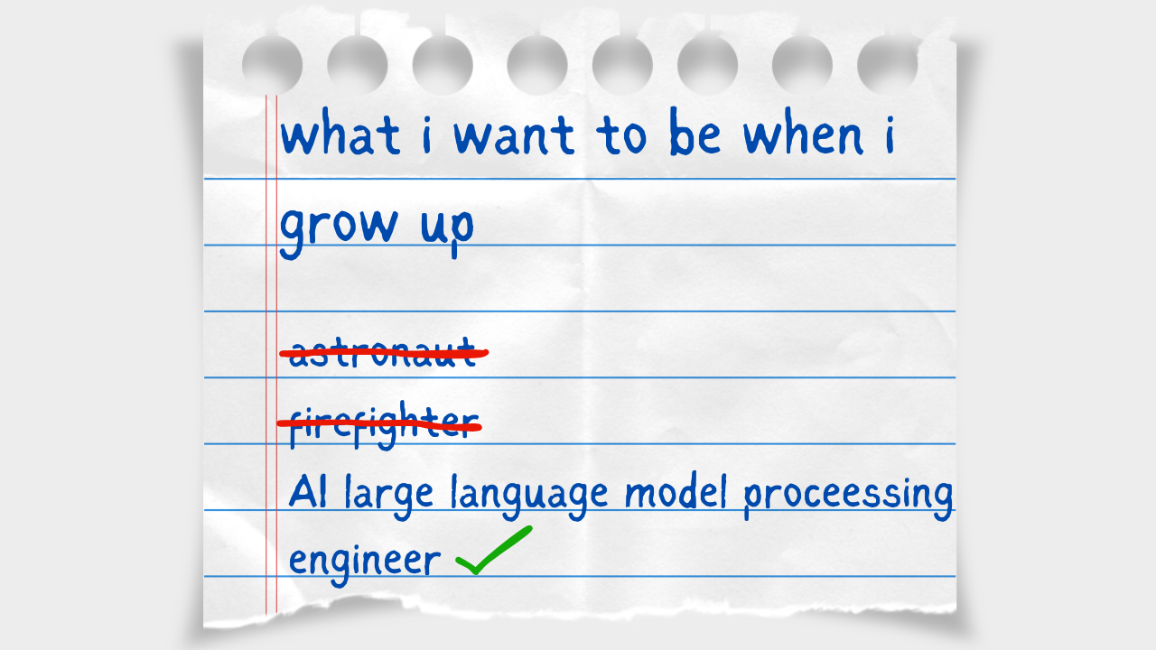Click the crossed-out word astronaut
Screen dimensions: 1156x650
click(x=382, y=353)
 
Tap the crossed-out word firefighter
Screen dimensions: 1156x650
click(x=384, y=425)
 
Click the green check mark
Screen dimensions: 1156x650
click(x=494, y=550)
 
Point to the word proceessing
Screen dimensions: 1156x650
click(x=848, y=496)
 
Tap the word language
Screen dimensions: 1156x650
click(x=529, y=497)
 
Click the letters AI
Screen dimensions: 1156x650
click(x=308, y=492)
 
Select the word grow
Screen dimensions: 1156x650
click(x=339, y=230)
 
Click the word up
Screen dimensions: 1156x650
click(x=447, y=232)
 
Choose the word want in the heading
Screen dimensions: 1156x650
click(x=514, y=135)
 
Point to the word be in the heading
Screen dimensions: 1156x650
click(x=695, y=131)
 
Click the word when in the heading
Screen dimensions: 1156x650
click(x=803, y=131)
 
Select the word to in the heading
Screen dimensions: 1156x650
click(x=621, y=135)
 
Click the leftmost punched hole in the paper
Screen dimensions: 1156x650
click(x=272, y=65)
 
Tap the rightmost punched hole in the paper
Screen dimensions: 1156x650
click(x=887, y=65)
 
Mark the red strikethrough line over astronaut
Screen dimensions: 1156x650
click(x=384, y=353)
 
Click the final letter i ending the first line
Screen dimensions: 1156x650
click(x=890, y=135)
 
